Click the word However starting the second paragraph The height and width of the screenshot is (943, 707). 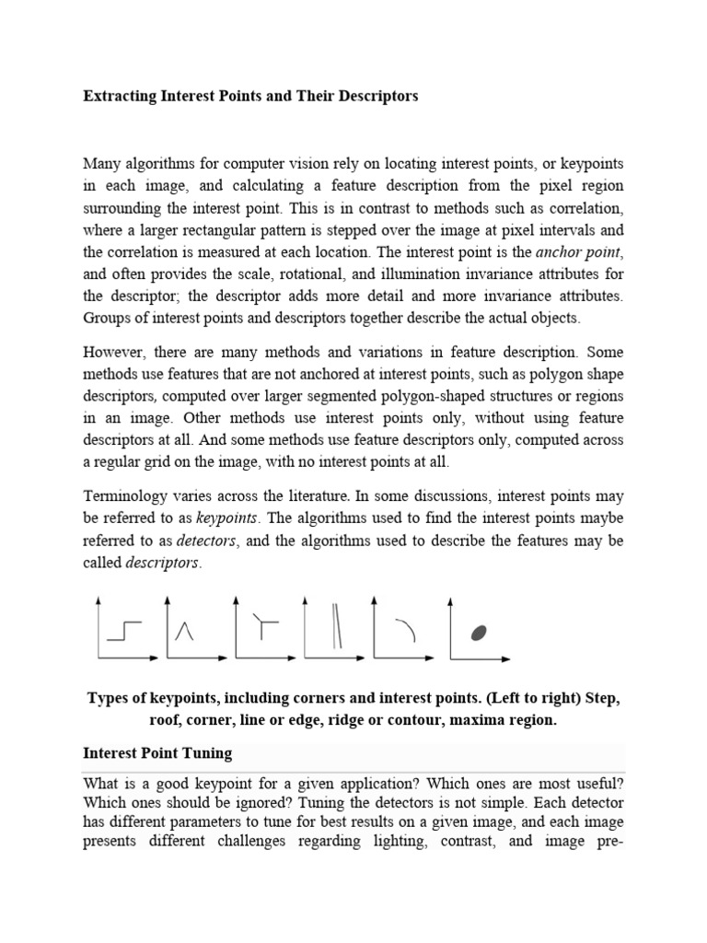(114, 351)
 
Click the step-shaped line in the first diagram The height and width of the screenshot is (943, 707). (124, 630)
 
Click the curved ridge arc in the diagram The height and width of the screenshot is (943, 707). (407, 628)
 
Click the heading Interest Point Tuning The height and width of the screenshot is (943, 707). (157, 753)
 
